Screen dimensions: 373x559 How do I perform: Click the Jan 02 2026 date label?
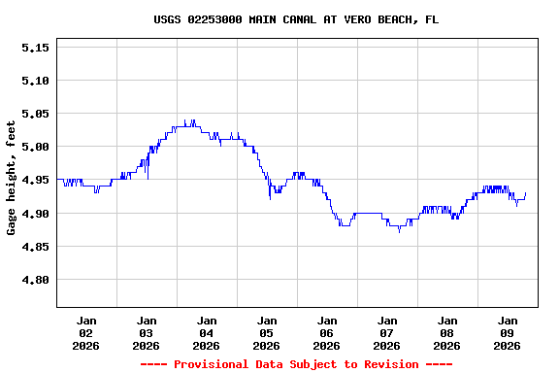86,332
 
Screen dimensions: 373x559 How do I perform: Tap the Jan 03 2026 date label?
147,332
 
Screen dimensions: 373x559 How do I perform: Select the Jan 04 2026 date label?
207,332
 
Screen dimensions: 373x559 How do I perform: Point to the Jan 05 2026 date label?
267,332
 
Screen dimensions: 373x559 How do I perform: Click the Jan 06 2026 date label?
327,332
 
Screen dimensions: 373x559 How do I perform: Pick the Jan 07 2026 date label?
387,332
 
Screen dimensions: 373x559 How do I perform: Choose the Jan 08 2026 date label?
447,332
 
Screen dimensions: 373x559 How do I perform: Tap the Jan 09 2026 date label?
508,332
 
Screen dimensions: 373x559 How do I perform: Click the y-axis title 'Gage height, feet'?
12,178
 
